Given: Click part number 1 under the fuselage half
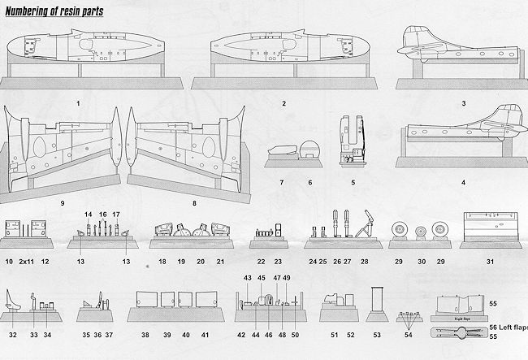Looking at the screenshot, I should (77, 104).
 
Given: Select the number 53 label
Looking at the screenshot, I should (377, 334).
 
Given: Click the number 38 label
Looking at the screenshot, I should (145, 334).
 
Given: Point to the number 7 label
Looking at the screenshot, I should (281, 183).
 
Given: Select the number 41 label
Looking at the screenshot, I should (205, 334).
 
